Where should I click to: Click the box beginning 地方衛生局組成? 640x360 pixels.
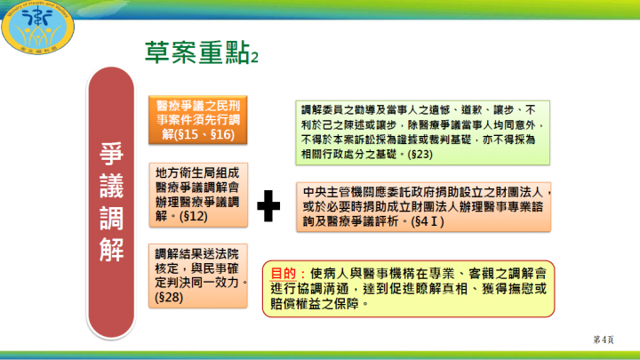(197, 192)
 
